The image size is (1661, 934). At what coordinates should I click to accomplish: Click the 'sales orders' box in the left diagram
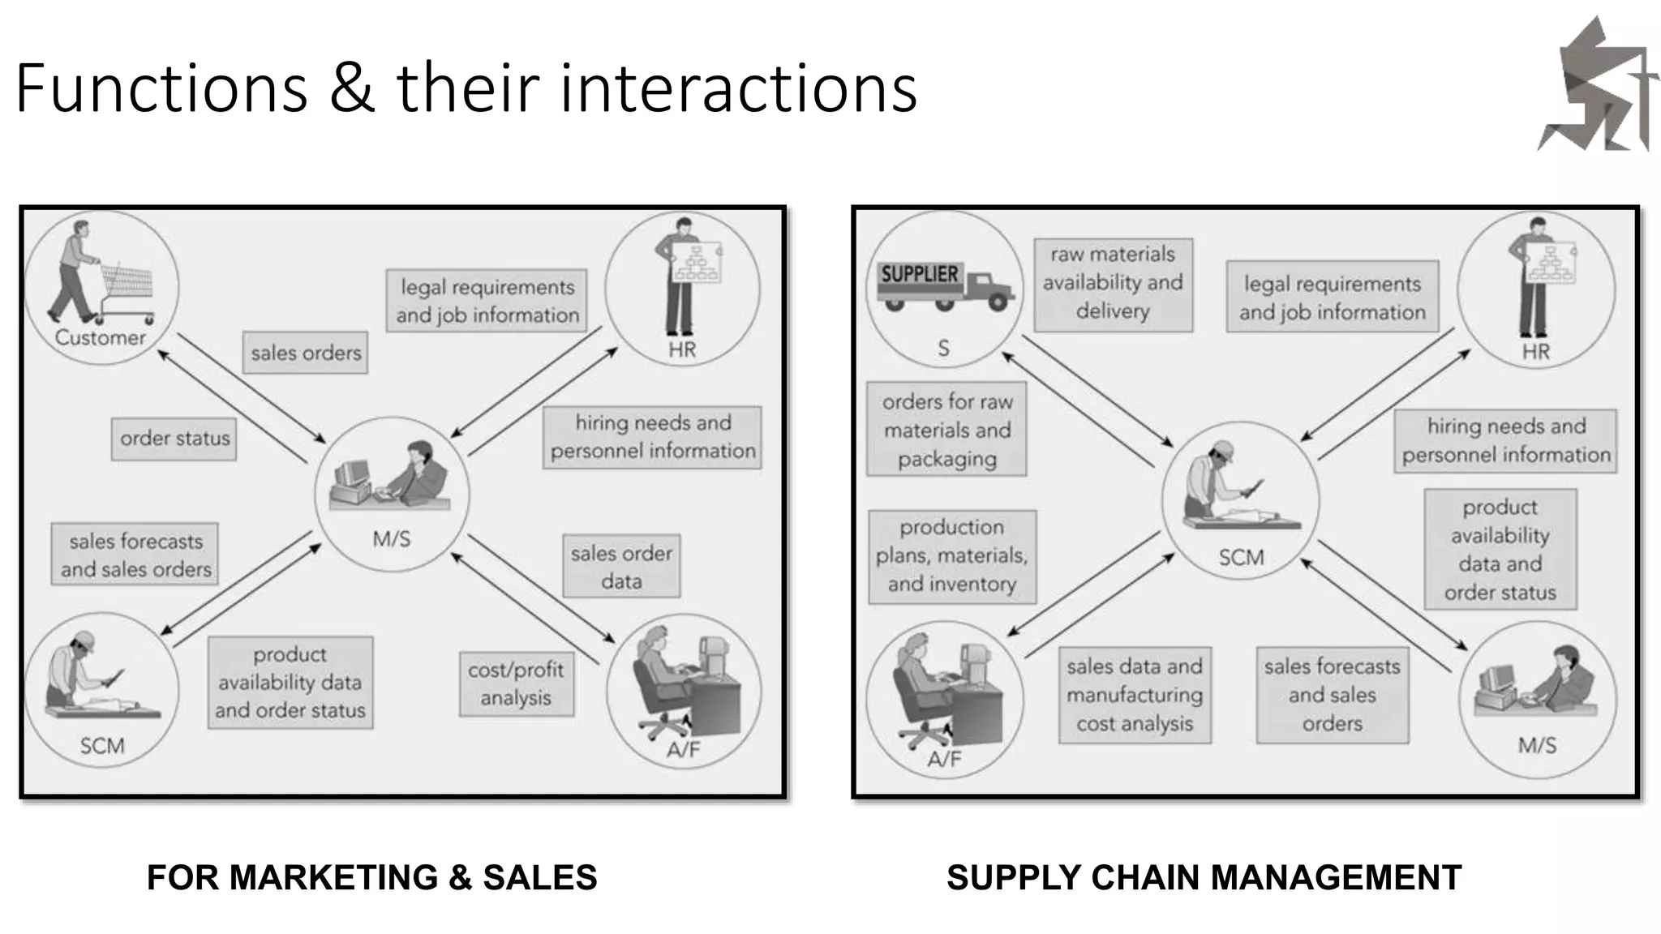tap(305, 353)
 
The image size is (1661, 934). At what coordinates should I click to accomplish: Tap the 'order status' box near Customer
tap(174, 439)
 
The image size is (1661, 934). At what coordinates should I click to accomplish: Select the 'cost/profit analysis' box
tap(516, 683)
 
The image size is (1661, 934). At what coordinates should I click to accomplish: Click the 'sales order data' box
tap(621, 566)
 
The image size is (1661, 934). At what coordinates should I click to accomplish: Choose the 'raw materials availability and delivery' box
tap(1113, 284)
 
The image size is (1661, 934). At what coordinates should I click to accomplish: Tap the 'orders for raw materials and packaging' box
tap(946, 430)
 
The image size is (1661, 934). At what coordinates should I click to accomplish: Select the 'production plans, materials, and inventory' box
tap(952, 556)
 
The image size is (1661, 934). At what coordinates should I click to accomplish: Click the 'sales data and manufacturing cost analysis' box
tap(1135, 695)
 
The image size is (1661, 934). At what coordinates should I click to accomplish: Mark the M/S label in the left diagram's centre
tap(392, 539)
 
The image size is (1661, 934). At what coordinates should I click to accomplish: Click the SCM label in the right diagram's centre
tap(1241, 558)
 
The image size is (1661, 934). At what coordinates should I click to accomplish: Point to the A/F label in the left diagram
tap(683, 749)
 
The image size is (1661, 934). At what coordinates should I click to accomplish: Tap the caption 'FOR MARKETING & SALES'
tap(371, 877)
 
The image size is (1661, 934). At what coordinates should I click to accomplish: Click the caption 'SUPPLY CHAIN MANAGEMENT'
tap(1204, 877)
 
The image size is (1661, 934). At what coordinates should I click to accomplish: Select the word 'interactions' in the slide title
tap(738, 88)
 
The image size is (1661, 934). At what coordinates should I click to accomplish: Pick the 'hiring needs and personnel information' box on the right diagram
tap(1505, 440)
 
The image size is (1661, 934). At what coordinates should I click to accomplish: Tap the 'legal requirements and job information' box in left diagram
tap(487, 301)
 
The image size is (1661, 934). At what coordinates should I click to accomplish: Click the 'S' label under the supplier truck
tap(943, 349)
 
